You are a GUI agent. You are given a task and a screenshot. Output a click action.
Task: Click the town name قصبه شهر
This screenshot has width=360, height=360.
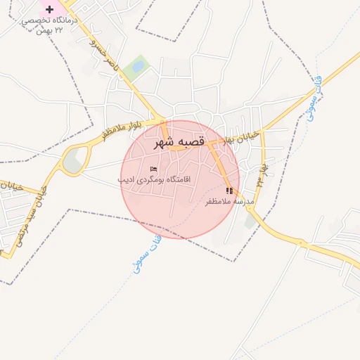[179, 142]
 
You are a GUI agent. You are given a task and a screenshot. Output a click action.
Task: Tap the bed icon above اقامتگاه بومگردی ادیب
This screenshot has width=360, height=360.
[153, 169]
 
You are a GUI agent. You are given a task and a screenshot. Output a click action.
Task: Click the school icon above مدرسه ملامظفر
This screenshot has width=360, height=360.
[229, 191]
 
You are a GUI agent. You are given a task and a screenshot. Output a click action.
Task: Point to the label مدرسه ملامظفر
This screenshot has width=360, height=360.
[228, 202]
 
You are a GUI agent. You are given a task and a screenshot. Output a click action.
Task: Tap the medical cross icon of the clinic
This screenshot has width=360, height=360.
[50, 9]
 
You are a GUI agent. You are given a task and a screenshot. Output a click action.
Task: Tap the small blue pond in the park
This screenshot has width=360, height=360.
[139, 67]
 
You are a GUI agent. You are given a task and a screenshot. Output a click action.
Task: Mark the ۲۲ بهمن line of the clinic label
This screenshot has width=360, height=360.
[50, 31]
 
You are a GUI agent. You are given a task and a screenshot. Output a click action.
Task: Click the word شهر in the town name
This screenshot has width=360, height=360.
[165, 142]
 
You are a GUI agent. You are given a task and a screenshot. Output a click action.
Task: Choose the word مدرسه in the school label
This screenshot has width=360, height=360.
[240, 202]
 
